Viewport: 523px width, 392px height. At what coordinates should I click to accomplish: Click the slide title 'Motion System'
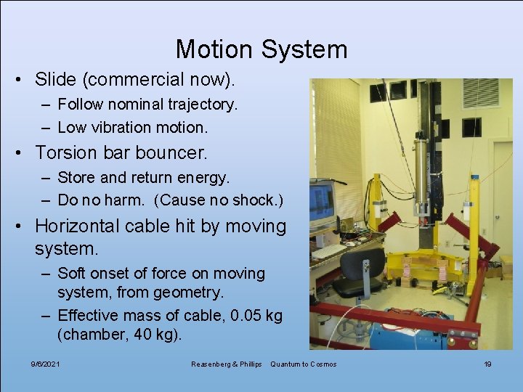pos(261,49)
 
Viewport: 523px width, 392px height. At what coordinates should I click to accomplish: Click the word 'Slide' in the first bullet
pos(55,78)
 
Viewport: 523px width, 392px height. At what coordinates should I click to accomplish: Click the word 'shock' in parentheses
pos(254,200)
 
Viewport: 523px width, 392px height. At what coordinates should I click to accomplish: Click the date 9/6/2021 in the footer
pos(45,364)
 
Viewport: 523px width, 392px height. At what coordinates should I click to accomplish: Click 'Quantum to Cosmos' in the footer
pos(303,364)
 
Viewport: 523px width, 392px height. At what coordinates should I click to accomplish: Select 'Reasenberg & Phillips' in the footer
pos(225,364)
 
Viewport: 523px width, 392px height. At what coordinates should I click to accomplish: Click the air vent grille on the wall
pos(480,93)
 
